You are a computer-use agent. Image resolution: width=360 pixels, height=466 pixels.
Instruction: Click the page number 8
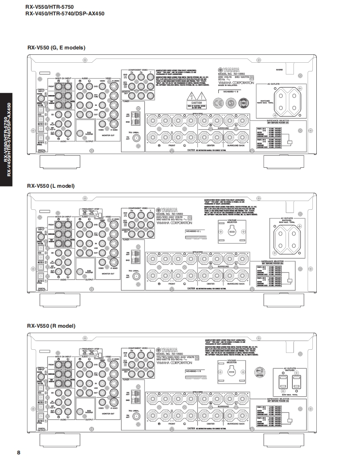[19, 452]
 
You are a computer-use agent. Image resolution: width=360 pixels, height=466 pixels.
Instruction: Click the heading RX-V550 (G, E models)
[56, 48]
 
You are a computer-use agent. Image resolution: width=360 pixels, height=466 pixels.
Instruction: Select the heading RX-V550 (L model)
[51, 186]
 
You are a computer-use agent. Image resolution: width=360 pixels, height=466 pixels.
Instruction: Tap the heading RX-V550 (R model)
[51, 326]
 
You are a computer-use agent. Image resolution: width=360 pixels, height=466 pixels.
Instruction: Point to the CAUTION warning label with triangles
[196, 101]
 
